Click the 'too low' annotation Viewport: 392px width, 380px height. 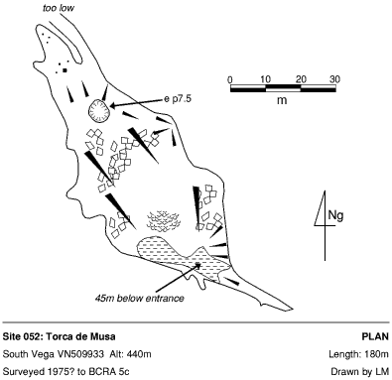(x=59, y=8)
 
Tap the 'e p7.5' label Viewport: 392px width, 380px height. (x=178, y=98)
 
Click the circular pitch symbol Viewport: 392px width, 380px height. (x=99, y=110)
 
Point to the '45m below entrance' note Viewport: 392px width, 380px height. (x=139, y=298)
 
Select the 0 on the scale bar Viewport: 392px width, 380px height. (x=230, y=79)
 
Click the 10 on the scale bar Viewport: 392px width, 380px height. (x=265, y=79)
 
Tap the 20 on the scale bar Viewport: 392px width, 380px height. (x=301, y=79)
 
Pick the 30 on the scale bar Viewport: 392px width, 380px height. (x=334, y=79)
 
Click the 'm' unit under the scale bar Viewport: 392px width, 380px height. (x=282, y=100)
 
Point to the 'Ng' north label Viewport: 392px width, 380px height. (x=335, y=215)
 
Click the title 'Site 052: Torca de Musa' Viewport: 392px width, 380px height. (x=60, y=336)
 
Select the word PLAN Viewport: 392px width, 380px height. (x=375, y=336)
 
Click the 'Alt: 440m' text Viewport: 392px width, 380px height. (x=131, y=354)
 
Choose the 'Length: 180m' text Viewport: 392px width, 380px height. (x=358, y=354)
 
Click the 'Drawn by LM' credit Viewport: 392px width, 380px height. (x=360, y=372)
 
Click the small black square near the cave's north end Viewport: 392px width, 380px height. (x=65, y=70)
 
